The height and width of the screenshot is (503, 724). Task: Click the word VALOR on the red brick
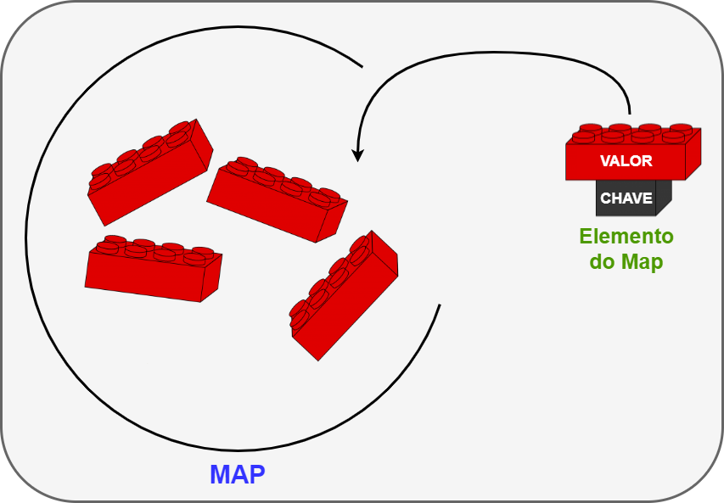pos(626,161)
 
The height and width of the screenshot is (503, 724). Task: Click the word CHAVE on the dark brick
pos(626,198)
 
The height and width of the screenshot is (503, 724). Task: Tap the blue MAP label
pos(238,474)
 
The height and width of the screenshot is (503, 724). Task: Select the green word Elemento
pos(626,237)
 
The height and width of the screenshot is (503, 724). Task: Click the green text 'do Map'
pos(626,262)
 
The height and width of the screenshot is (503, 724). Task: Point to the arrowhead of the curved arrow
pos(358,156)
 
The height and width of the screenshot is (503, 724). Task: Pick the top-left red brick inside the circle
pos(150,170)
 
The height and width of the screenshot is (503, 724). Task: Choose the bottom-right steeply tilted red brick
pos(343,297)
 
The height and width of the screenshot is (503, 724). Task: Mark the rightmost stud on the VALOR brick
pos(682,129)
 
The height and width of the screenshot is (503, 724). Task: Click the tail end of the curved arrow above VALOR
pos(629,112)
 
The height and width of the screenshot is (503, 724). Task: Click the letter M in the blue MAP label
pos(220,474)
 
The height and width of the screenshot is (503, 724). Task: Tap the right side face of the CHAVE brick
pos(665,196)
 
